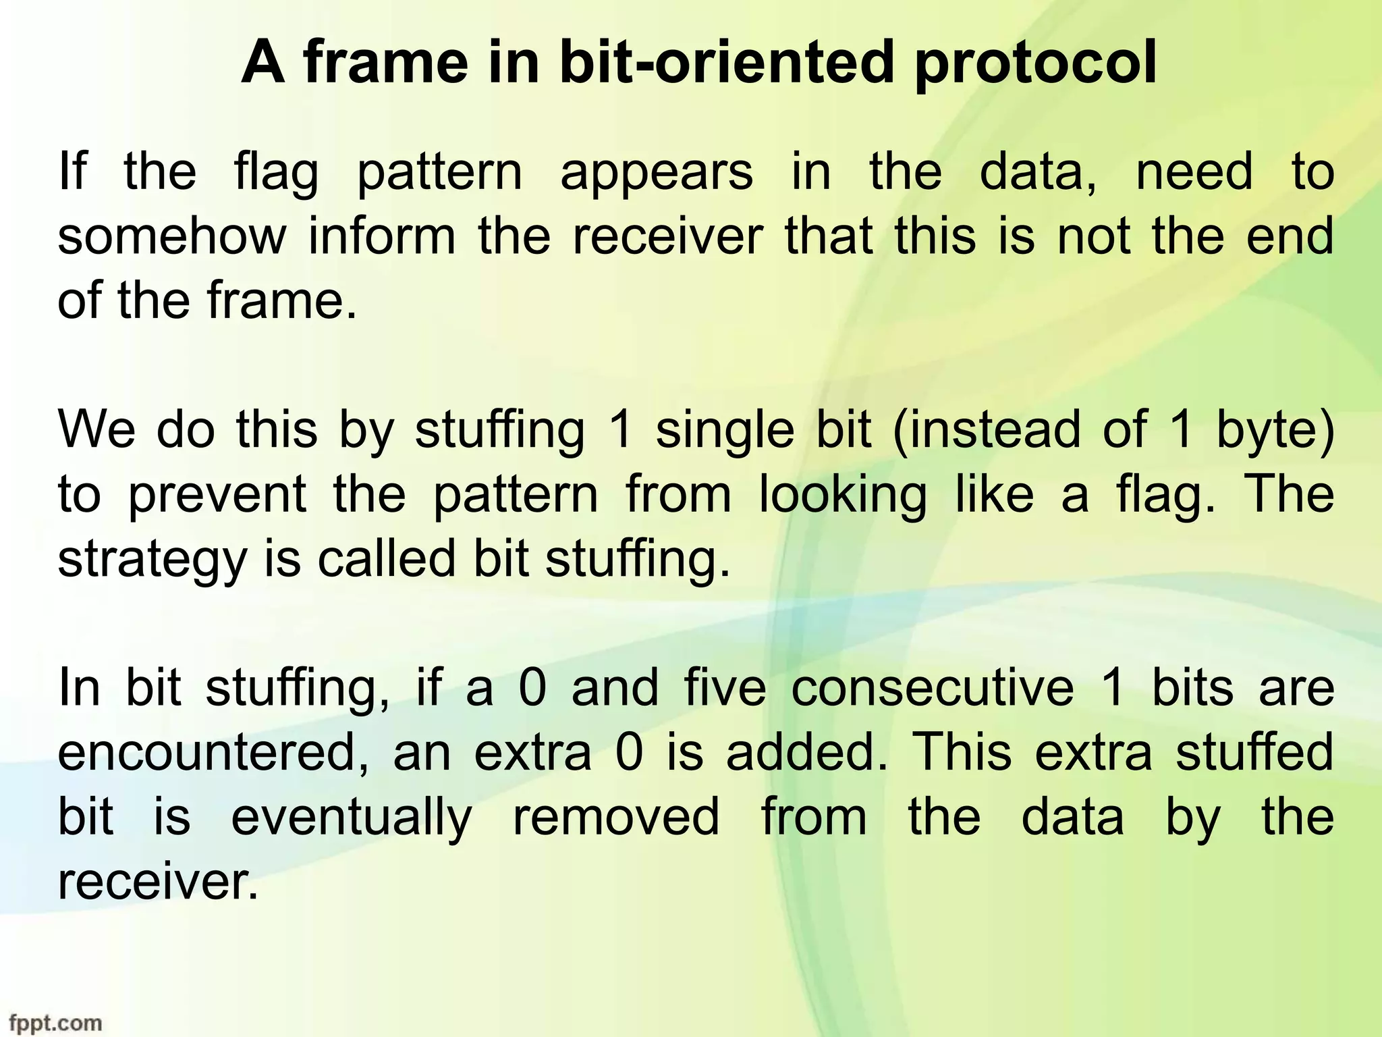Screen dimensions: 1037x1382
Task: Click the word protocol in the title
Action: click(1035, 63)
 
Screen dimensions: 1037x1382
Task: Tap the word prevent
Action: click(217, 496)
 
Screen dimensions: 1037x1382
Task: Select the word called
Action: click(387, 559)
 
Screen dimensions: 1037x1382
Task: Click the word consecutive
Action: click(932, 689)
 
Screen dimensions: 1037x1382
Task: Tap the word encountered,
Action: click(214, 753)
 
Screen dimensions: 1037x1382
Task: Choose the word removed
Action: click(616, 818)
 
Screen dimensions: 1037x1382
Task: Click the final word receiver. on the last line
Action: click(158, 882)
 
